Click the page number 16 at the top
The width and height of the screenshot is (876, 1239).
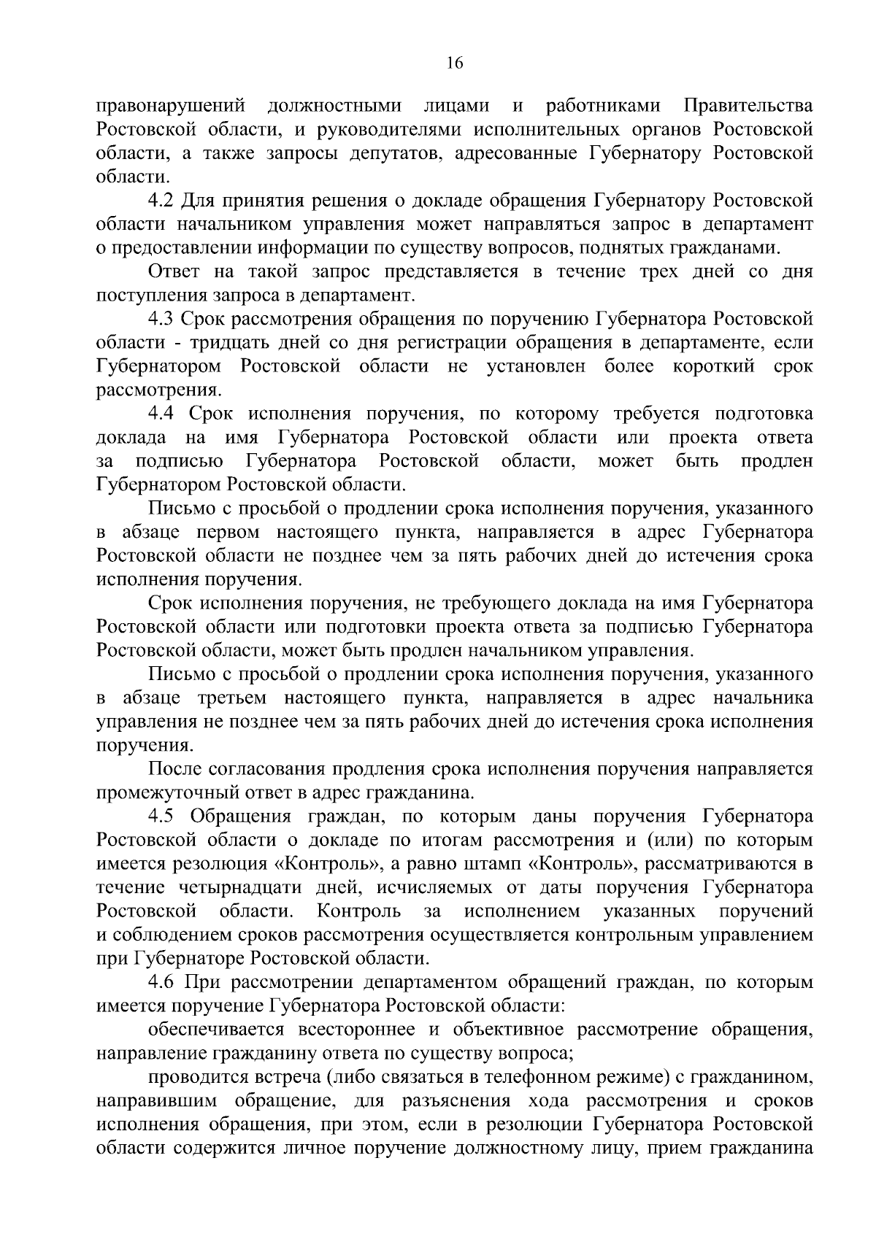coord(454,63)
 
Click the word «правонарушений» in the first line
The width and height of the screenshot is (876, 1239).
coord(169,107)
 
